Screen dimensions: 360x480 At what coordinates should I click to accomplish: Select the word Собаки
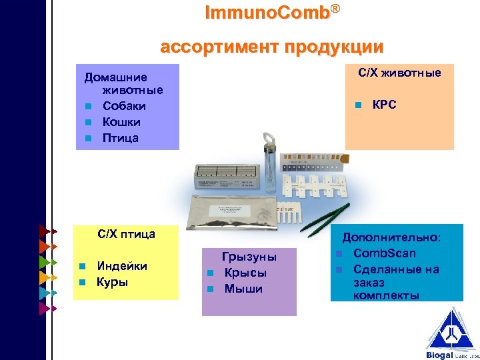click(124, 106)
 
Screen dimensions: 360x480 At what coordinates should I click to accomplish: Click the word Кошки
click(121, 122)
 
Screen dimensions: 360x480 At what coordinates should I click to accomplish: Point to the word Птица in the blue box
click(121, 138)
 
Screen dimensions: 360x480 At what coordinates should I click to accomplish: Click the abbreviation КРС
click(384, 105)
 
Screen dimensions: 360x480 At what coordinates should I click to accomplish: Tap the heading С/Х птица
click(126, 234)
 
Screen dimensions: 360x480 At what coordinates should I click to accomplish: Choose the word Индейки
click(123, 266)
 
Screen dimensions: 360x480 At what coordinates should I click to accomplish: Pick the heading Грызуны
click(249, 257)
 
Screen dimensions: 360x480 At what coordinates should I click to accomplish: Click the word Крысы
click(245, 273)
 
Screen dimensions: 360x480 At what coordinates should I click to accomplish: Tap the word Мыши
click(243, 289)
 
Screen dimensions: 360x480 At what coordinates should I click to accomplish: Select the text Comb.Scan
click(385, 253)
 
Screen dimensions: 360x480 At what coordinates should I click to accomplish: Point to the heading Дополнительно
click(391, 237)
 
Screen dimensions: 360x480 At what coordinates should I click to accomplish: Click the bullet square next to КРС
click(358, 105)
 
